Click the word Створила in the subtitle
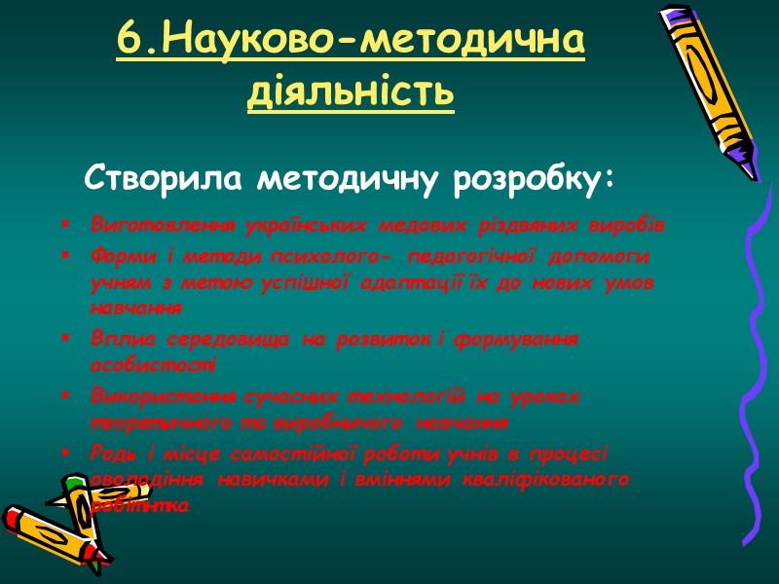click(x=165, y=179)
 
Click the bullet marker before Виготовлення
click(x=65, y=226)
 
